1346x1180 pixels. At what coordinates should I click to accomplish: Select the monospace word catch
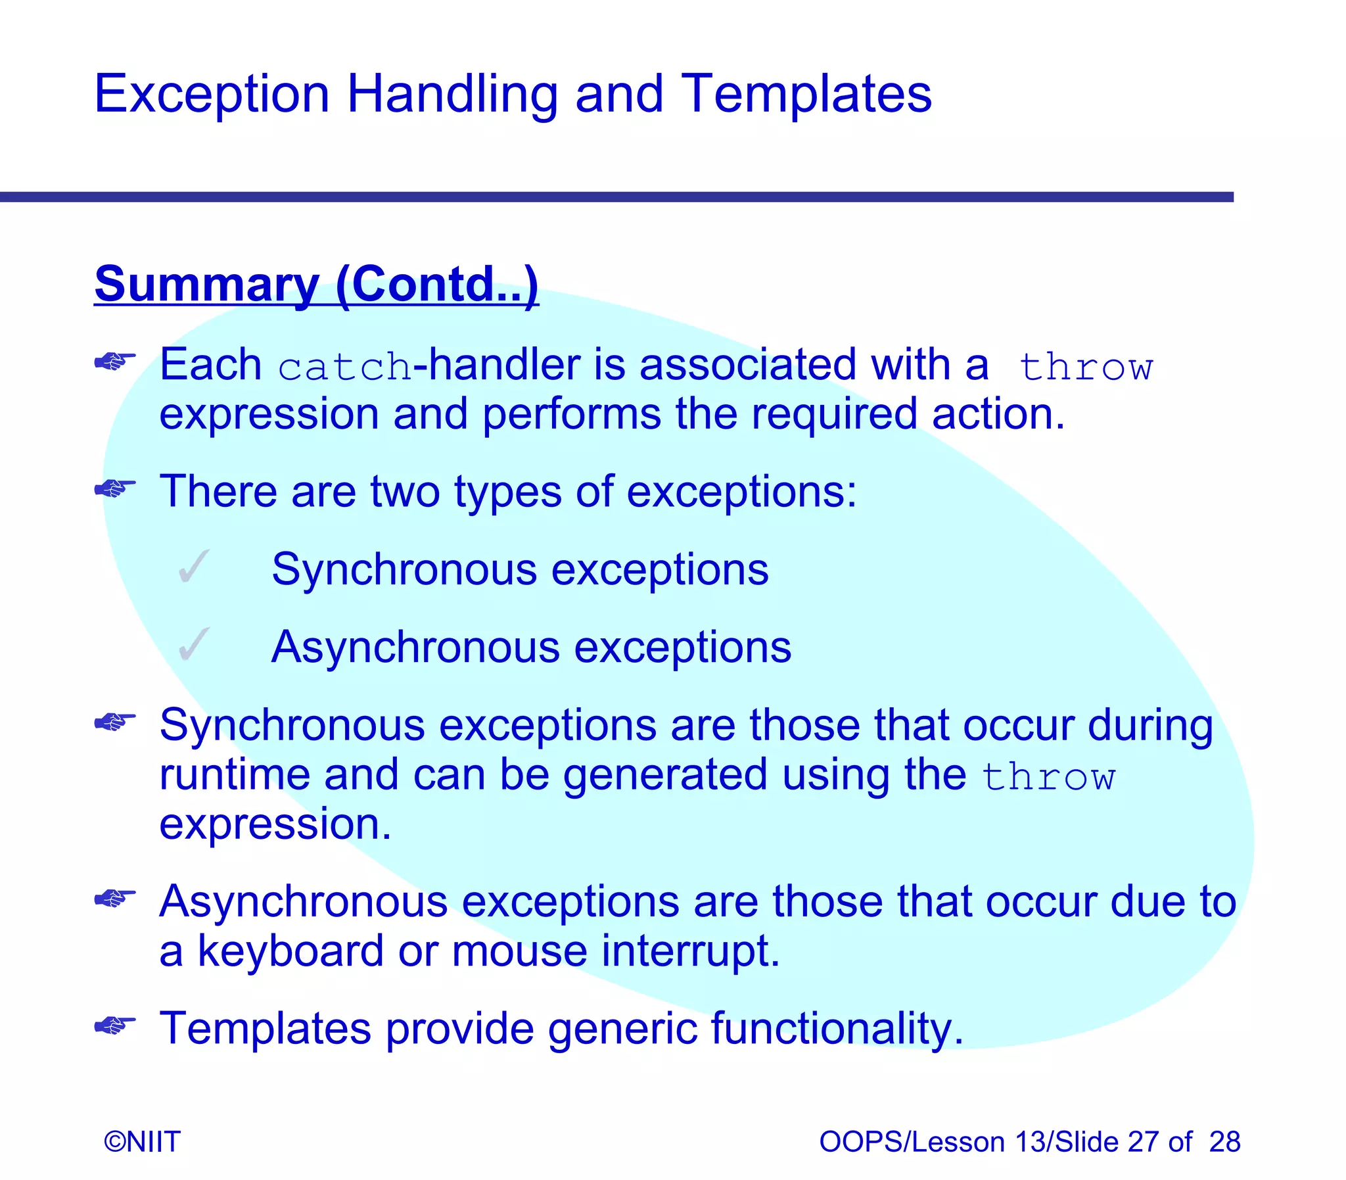344,367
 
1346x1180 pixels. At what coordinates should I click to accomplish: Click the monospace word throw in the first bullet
1085,367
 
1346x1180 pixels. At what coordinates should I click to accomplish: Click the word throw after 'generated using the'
1048,777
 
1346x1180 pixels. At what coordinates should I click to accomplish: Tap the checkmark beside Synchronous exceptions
193,567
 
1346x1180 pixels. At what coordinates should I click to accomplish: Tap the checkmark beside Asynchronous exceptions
193,645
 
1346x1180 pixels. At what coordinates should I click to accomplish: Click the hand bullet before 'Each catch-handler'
115,362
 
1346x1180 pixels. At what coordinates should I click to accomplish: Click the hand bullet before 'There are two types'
115,488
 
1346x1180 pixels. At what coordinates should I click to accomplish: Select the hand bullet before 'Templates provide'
115,1026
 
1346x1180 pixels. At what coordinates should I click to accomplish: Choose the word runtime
235,775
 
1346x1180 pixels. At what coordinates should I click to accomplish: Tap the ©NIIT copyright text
142,1142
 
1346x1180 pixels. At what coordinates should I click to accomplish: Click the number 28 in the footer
1224,1142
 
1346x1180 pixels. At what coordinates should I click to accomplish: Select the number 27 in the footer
1144,1142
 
